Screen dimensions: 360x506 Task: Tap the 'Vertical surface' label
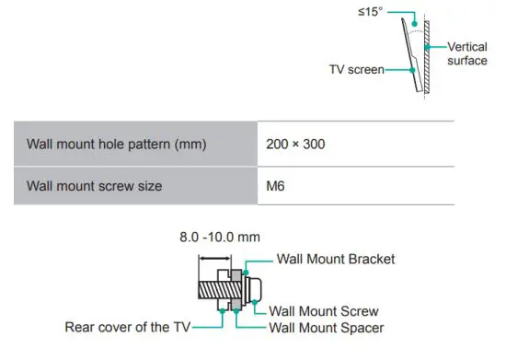467,53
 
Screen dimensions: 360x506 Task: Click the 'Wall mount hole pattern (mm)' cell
115,145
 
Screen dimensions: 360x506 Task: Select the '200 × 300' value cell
295,145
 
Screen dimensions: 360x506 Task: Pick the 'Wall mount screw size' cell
95,186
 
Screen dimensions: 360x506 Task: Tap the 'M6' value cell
274,186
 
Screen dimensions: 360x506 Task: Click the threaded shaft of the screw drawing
213,289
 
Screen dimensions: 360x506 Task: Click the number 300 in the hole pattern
315,145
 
